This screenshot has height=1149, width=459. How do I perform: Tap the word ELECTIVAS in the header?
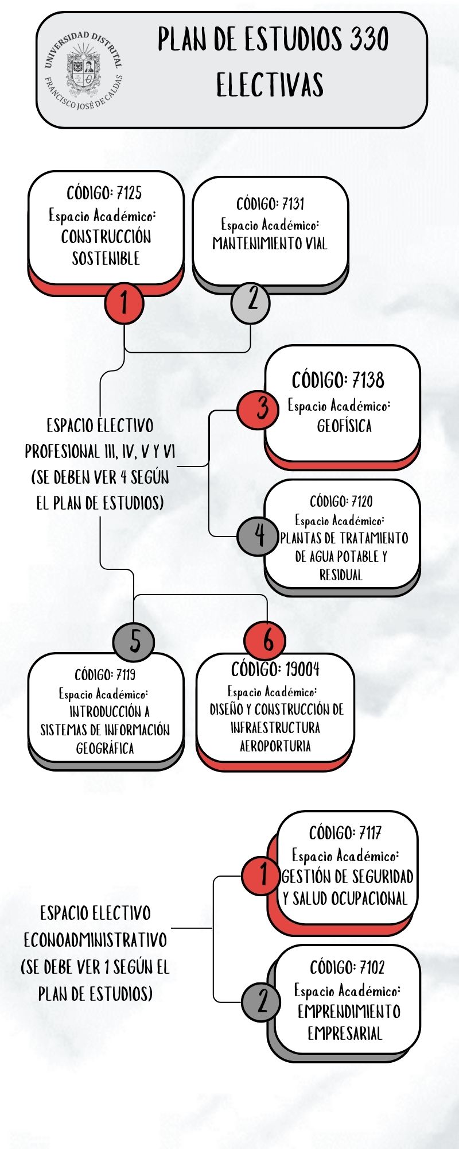click(x=270, y=85)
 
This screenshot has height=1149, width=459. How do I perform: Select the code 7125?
click(x=129, y=192)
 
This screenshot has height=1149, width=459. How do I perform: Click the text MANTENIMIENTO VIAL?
click(x=270, y=244)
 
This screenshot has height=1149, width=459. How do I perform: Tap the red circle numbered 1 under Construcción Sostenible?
click(x=124, y=303)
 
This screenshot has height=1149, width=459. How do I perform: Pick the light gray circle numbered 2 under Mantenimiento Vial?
click(x=250, y=302)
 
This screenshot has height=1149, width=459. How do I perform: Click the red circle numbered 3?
click(x=259, y=409)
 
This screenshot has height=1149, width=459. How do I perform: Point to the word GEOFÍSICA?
click(x=344, y=426)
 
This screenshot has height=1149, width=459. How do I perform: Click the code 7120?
click(x=362, y=502)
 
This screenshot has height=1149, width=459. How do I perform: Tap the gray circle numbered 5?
click(x=134, y=641)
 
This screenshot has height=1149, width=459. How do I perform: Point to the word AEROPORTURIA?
click(x=275, y=746)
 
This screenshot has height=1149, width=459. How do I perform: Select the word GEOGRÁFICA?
click(x=105, y=749)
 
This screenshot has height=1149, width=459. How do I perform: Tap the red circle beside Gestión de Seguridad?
click(x=262, y=876)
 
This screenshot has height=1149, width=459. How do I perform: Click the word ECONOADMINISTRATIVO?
click(x=95, y=940)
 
